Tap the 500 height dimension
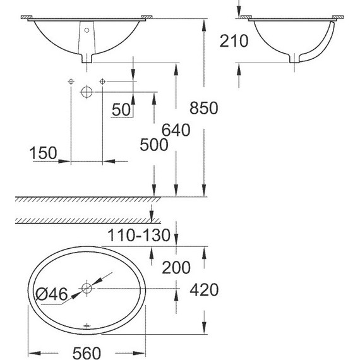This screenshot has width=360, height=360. pos(154,145)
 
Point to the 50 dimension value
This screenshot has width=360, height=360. pos(121,109)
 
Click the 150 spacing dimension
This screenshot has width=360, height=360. pos(43,153)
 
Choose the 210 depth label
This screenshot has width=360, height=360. pos(234,41)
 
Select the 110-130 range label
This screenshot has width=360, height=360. pos(138,236)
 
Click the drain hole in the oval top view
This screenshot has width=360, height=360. pos(87,289)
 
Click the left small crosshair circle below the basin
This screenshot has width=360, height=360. pos(70,82)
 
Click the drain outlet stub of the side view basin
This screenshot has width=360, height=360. pos(293,59)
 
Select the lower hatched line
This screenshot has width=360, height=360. pos(82,220)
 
